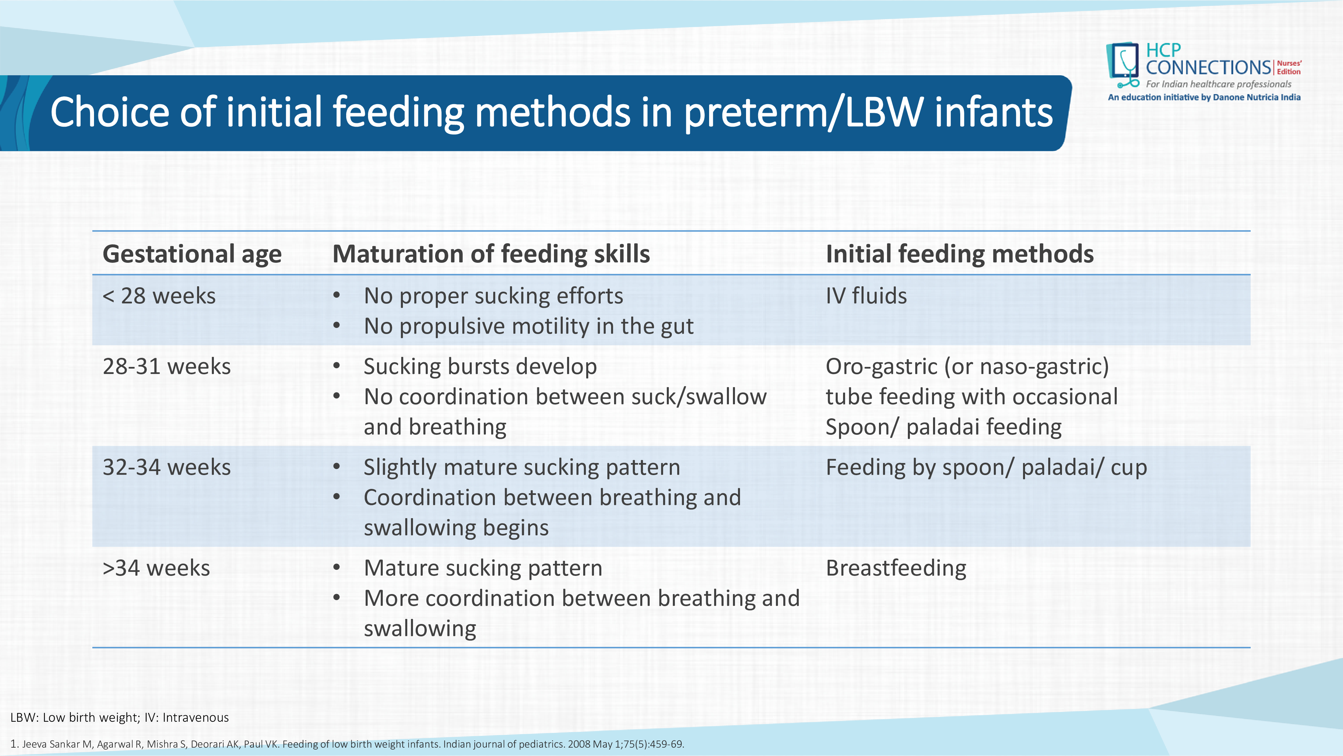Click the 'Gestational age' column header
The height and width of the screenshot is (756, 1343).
[x=192, y=254]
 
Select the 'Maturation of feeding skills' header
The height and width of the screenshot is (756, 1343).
[x=491, y=254]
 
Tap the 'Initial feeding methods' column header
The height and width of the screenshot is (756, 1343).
[x=960, y=254]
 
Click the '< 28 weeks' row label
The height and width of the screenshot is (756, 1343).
[x=159, y=296]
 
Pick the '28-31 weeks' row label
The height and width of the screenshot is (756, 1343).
[x=167, y=366]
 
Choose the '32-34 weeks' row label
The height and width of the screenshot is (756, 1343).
[x=167, y=467]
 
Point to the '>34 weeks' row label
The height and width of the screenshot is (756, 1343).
[x=156, y=568]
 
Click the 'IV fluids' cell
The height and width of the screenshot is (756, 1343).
[x=867, y=296]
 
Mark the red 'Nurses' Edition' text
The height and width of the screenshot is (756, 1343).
[x=1289, y=67]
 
